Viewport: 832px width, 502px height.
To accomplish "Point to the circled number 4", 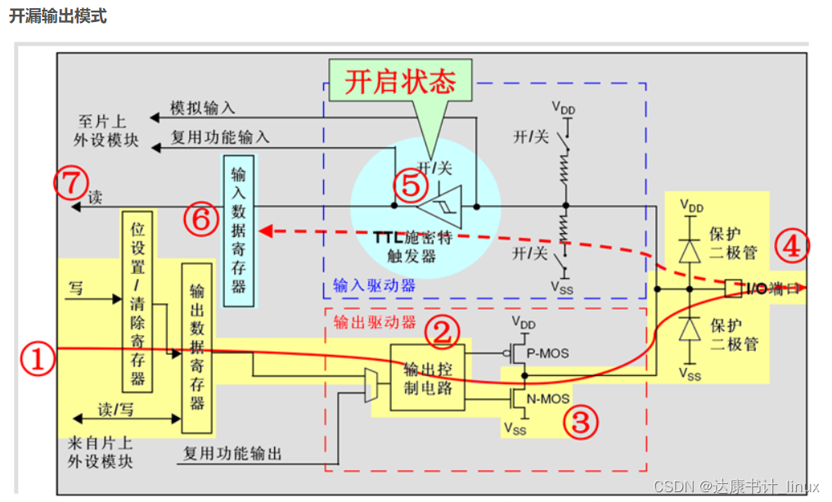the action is pyautogui.click(x=791, y=246).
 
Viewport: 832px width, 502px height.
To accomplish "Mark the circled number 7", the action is pyautogui.click(x=70, y=182).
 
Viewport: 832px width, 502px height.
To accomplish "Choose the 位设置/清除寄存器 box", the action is pyautogui.click(x=137, y=301).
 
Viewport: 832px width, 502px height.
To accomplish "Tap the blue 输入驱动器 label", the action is pyautogui.click(x=373, y=285).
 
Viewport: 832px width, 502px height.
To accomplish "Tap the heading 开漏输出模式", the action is pyautogui.click(x=57, y=16).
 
